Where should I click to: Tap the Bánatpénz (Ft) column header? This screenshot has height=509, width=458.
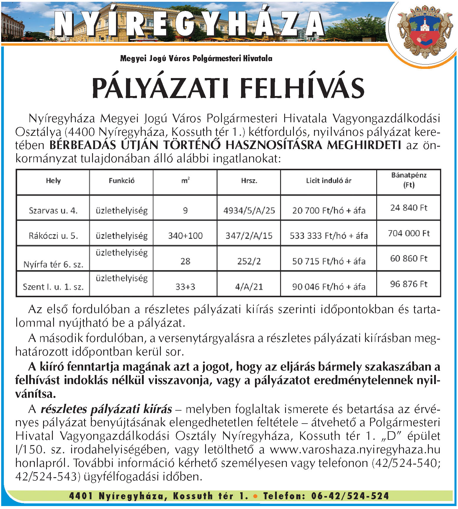pos(409,180)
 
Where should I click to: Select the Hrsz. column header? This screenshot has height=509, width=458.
pos(249,181)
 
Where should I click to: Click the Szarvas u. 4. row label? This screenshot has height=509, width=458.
pos(53,210)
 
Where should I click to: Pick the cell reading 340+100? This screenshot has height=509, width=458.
pos(185,236)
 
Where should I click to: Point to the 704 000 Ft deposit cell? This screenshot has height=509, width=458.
pos(409,233)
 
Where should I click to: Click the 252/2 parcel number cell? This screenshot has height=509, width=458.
pos(249,261)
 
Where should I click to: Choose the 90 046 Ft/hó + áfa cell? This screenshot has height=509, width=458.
pos(328,287)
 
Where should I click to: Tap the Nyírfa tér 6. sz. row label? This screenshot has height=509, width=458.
pos(53,265)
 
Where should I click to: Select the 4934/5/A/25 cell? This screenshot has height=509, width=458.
pos(249,210)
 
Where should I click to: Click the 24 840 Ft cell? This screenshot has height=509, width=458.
pos(409,208)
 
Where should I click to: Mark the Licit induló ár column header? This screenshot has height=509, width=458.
pos(328,181)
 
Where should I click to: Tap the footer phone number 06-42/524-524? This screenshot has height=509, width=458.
pos(350,496)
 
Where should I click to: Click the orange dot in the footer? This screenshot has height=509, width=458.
pos(255,496)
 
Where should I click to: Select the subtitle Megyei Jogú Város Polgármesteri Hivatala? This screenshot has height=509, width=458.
pos(196,58)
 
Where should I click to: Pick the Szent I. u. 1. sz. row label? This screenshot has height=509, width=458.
pos(53,287)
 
